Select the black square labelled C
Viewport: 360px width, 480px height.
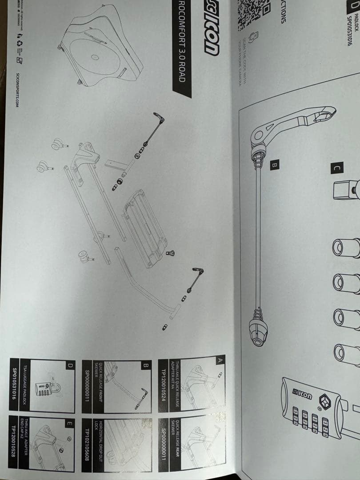point(337,168)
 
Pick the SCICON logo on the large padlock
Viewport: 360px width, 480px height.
point(302,395)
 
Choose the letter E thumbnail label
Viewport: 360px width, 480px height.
point(69,424)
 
